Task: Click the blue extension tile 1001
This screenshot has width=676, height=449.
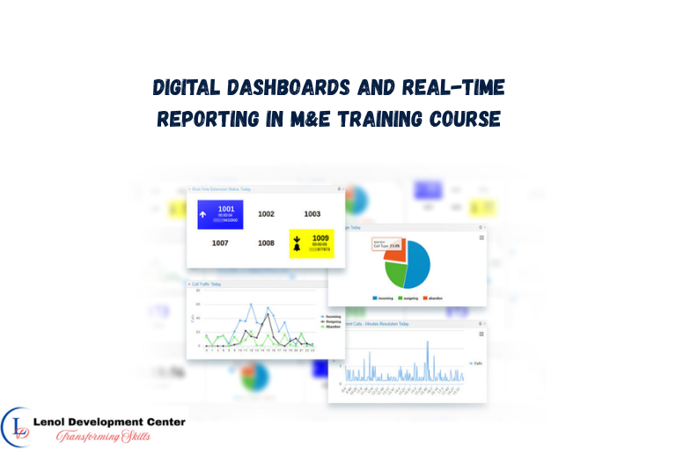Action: click(219, 214)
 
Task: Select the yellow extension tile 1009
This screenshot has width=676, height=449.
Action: click(312, 243)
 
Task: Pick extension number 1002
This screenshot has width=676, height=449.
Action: click(266, 214)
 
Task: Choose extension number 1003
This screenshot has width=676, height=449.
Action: click(312, 214)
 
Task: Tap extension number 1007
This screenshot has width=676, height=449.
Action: click(219, 243)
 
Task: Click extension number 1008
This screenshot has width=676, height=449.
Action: click(266, 243)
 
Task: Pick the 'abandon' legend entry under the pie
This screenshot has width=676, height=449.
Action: click(433, 298)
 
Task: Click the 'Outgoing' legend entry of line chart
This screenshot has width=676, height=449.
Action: click(330, 321)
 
